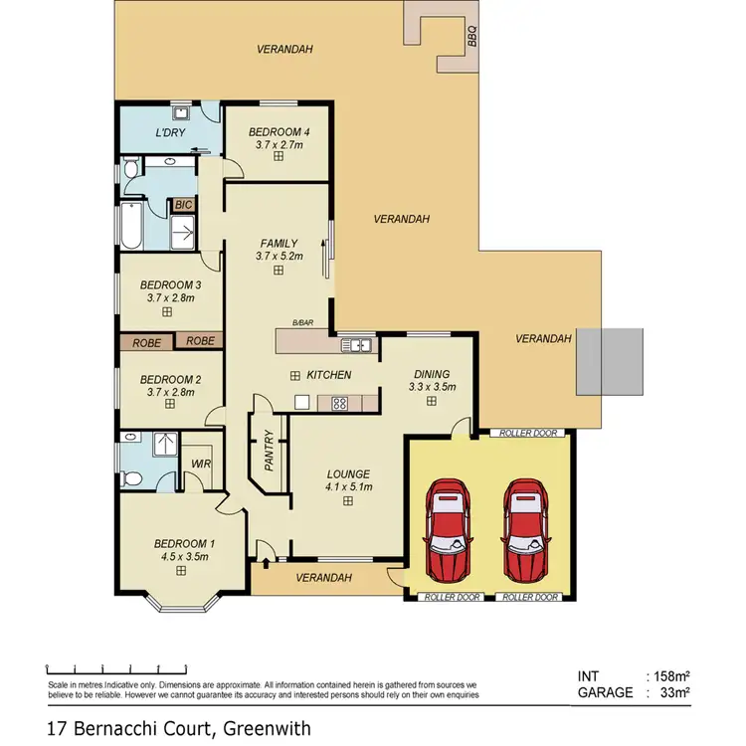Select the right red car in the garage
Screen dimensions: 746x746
525,530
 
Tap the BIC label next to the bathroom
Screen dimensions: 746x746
183,205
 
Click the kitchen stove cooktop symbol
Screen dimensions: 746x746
338,403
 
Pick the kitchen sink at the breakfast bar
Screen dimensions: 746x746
356,345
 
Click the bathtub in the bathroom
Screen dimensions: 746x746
130,226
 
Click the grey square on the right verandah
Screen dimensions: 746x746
610,359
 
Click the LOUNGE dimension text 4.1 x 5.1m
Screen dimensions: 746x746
348,486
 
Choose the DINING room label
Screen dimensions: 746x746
432,374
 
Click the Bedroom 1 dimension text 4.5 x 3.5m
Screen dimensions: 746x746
183,557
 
